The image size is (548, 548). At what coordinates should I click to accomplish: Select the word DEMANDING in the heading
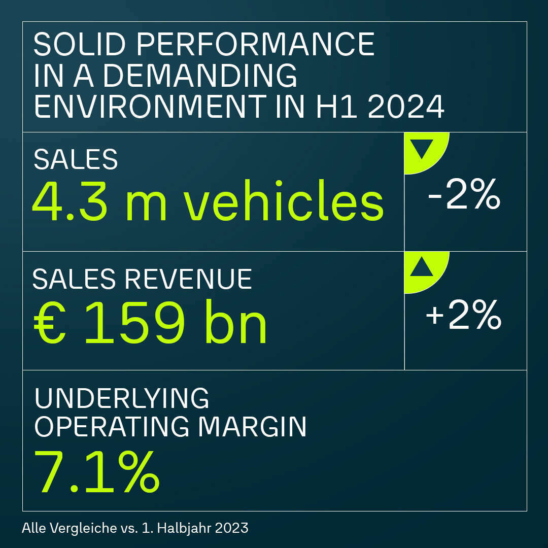[x=200, y=75]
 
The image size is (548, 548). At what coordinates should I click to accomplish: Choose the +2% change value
[x=463, y=316]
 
